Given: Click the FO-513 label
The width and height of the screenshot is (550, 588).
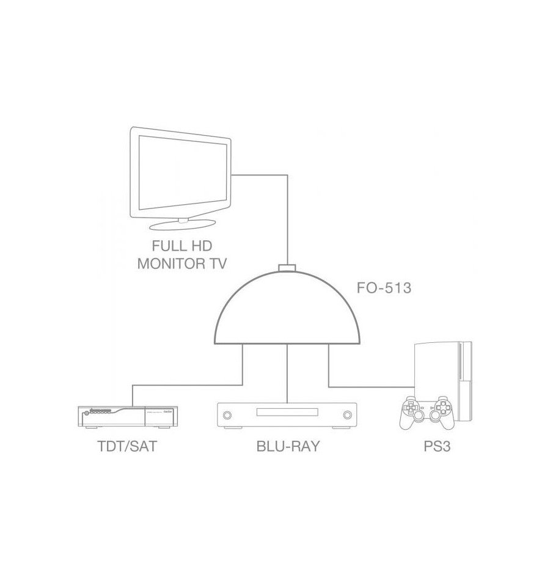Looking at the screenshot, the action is click(384, 288).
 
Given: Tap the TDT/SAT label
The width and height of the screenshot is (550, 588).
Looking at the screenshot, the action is click(127, 446).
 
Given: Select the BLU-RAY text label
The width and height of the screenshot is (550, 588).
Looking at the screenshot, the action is click(288, 446).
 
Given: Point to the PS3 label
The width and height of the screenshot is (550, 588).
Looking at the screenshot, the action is click(437, 446).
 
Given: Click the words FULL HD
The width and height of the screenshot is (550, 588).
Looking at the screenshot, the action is click(182, 246).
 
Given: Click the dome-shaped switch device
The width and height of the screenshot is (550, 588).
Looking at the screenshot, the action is click(287, 307).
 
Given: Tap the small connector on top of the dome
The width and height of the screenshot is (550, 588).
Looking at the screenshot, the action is click(287, 268).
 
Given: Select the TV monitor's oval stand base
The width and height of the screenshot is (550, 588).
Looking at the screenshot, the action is click(184, 224).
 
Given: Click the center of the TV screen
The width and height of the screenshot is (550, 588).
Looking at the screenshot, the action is click(183, 173).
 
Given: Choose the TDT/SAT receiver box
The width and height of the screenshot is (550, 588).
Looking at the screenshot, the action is click(128, 417).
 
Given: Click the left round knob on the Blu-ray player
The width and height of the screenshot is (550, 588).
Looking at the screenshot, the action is click(227, 415).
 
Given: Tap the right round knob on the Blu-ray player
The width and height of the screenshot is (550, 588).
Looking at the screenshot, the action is click(348, 415).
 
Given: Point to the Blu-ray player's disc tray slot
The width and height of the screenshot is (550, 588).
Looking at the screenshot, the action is click(287, 412).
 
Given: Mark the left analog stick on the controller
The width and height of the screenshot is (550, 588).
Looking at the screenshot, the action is click(419, 415).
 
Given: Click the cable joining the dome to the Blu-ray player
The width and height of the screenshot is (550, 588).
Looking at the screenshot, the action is click(287, 373).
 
